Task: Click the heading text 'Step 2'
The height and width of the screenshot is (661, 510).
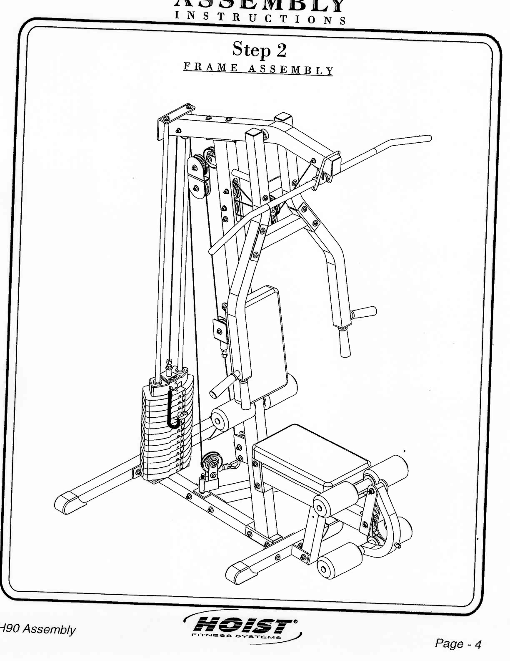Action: pos(259,50)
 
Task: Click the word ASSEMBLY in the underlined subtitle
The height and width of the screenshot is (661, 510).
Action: pos(291,69)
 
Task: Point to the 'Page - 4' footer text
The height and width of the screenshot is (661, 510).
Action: pos(458,644)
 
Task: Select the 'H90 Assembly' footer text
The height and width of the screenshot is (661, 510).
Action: pos(38,629)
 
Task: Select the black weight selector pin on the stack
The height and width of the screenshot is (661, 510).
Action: pos(172,411)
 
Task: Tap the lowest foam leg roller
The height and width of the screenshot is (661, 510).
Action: pos(337,561)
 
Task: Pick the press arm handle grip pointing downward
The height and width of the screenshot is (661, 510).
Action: pos(345,342)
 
